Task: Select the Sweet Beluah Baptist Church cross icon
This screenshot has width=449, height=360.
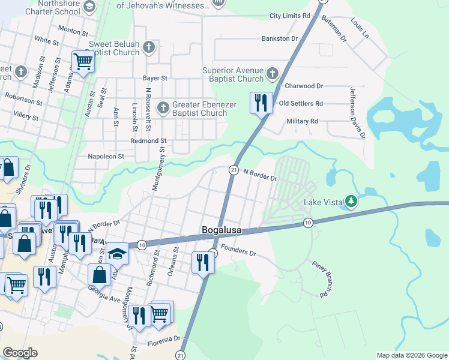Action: (x=149, y=47)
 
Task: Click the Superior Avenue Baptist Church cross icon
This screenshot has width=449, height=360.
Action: (x=273, y=74)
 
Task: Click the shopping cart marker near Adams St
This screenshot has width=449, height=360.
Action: (x=83, y=61)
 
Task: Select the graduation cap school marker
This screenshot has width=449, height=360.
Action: (x=118, y=253)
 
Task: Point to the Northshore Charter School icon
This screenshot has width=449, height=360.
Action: (x=89, y=7)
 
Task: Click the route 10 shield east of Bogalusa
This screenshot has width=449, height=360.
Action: (x=307, y=223)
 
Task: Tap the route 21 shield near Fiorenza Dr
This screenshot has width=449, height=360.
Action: (x=181, y=356)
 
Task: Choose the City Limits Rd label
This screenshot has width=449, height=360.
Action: (x=289, y=16)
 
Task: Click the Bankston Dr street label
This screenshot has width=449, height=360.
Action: (x=280, y=38)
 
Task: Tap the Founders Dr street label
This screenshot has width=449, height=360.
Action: (x=238, y=250)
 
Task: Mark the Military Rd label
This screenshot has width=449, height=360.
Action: (x=302, y=121)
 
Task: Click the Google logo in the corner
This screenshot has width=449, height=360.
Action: (x=20, y=353)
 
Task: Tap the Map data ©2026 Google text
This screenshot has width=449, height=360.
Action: (x=411, y=355)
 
